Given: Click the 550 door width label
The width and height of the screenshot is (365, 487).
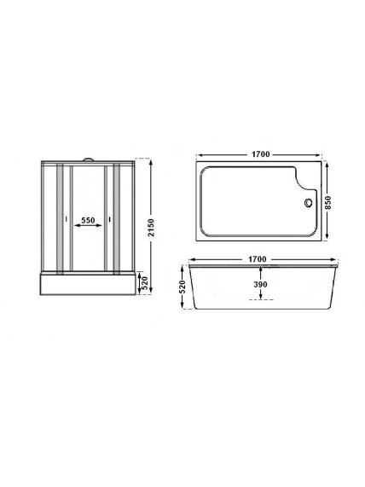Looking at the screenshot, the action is [88, 220].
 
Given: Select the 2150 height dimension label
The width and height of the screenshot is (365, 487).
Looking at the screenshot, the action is [151, 227].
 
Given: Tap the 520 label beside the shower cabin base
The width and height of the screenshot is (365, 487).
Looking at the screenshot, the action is [145, 283].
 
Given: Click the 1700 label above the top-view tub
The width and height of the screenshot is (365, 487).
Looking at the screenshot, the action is [260, 154].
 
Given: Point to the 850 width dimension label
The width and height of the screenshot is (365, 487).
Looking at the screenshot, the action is [328, 202].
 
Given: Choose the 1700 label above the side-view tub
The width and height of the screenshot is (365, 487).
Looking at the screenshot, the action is [258, 258].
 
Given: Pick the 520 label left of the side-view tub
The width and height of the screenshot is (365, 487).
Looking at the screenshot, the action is [182, 287].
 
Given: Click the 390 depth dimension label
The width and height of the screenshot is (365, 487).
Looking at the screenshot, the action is [260, 284].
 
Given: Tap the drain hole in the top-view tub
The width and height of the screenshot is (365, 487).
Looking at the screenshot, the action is [308, 202].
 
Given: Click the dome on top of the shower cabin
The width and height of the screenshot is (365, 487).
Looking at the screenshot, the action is [89, 159].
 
